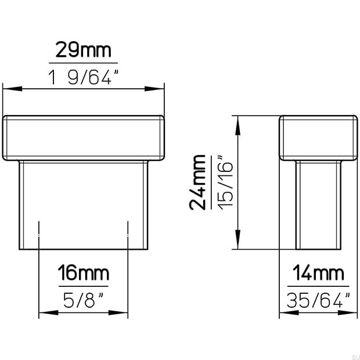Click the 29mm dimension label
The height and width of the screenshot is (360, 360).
click(x=83, y=51)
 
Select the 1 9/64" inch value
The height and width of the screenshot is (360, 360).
click(x=83, y=76)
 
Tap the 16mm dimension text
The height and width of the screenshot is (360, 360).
click(x=83, y=272)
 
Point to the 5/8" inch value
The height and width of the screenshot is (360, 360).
click(x=83, y=300)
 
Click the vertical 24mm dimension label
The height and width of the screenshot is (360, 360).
click(x=199, y=182)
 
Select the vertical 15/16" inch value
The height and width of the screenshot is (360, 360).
click(x=225, y=182)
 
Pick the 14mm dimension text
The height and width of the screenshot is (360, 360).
click(x=318, y=273)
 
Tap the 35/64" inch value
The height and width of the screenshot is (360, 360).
click(x=318, y=300)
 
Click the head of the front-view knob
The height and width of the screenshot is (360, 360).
click(x=83, y=137)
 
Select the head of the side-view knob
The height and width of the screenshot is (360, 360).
click(x=318, y=137)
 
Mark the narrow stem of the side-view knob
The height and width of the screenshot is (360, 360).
click(x=318, y=203)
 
